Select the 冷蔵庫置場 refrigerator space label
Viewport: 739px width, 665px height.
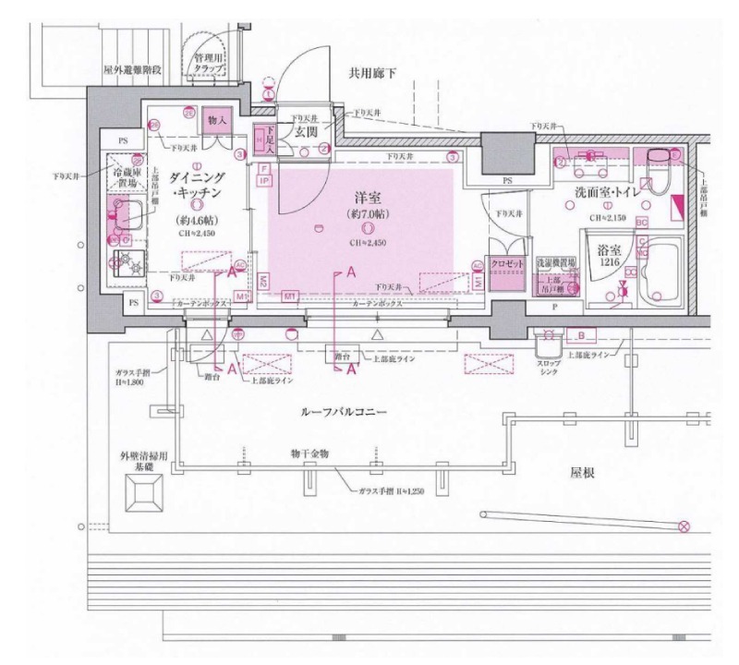(x=127, y=178)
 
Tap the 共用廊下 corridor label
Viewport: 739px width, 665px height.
(x=372, y=73)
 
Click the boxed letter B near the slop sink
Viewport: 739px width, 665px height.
(x=582, y=334)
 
